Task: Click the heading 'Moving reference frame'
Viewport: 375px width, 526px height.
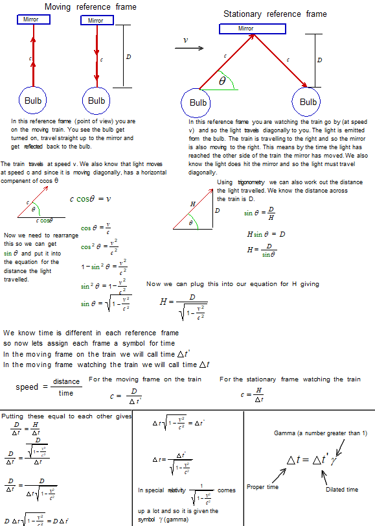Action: pos(90,7)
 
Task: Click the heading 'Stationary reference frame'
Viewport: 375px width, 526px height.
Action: pos(275,14)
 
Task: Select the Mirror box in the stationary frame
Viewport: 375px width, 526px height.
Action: pos(245,29)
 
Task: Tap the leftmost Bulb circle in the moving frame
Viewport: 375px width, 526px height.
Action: pos(33,101)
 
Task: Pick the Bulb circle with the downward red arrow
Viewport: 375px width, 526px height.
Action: pos(96,101)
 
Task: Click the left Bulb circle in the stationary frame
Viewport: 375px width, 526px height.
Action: pos(198,102)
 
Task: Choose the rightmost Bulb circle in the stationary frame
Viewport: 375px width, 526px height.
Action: pos(308,102)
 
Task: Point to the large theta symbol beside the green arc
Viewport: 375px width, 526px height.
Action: pos(222,82)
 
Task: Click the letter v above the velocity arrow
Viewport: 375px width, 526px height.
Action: pos(186,40)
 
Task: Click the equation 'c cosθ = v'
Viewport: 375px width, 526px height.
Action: pos(90,199)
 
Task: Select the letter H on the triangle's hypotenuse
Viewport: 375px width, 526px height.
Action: pos(192,204)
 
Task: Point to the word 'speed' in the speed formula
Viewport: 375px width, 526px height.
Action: pos(27,387)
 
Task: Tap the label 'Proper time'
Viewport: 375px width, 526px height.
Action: pos(263,486)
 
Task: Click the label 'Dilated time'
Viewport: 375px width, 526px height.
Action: pos(341,490)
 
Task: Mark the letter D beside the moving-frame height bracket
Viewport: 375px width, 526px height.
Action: pos(128,57)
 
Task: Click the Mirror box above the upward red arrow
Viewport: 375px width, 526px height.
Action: pos(30,19)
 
